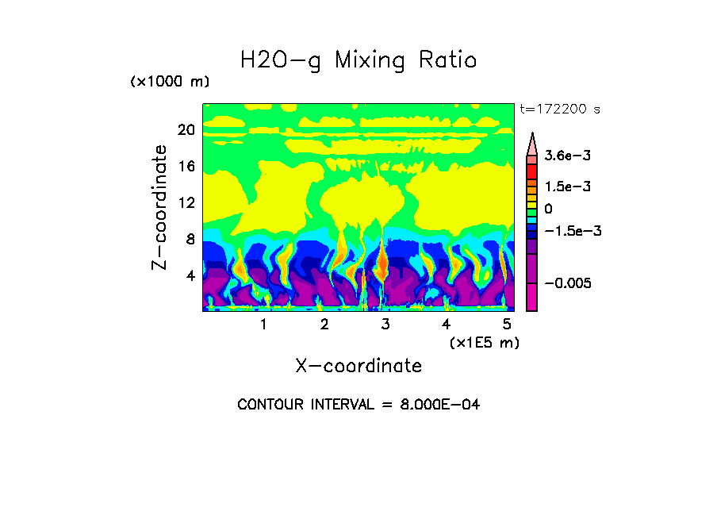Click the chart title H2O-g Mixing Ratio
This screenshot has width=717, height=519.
pyautogui.click(x=358, y=60)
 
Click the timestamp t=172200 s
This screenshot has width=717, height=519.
pyautogui.click(x=559, y=110)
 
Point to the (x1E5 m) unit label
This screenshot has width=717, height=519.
pyautogui.click(x=484, y=342)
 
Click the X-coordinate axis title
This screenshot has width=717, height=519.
pyautogui.click(x=358, y=366)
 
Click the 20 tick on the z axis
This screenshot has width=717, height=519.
pyautogui.click(x=186, y=130)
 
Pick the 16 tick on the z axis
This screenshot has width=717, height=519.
pyautogui.click(x=186, y=167)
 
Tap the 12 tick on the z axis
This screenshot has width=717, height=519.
pyautogui.click(x=186, y=203)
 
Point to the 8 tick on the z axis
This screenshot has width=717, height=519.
pyautogui.click(x=190, y=240)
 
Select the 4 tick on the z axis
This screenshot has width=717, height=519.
pyautogui.click(x=190, y=276)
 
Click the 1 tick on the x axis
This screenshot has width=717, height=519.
pyautogui.click(x=263, y=325)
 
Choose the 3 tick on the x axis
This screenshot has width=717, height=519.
pyautogui.click(x=385, y=325)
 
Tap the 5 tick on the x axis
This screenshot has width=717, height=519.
pyautogui.click(x=507, y=325)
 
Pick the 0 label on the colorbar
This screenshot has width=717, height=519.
pyautogui.click(x=549, y=209)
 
